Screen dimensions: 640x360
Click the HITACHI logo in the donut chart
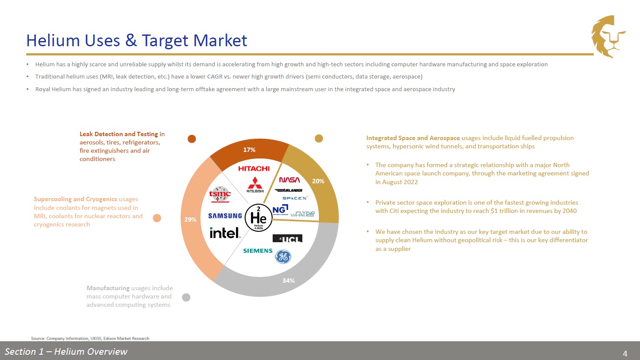click(254, 168)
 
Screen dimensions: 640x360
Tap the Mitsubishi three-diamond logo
click(255, 185)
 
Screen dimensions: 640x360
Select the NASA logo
click(289, 180)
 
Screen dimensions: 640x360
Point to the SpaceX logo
click(295, 198)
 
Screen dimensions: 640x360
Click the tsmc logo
click(220, 194)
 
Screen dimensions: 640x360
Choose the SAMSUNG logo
click(225, 216)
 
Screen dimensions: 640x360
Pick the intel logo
click(225, 233)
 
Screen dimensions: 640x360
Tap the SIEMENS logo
click(258, 250)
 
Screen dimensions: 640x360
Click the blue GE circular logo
click(283, 257)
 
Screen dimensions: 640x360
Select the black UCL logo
click(287, 238)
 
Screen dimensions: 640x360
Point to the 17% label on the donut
click(249, 150)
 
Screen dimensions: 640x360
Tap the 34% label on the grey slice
click(288, 281)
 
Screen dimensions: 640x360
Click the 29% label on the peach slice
click(190, 219)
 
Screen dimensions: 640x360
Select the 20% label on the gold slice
click(318, 181)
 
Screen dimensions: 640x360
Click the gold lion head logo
click(609, 36)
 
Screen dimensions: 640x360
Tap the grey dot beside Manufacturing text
click(186, 298)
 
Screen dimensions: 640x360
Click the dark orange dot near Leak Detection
click(192, 139)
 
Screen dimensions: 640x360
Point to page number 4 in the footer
click(625, 354)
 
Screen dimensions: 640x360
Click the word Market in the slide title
click(220, 40)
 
